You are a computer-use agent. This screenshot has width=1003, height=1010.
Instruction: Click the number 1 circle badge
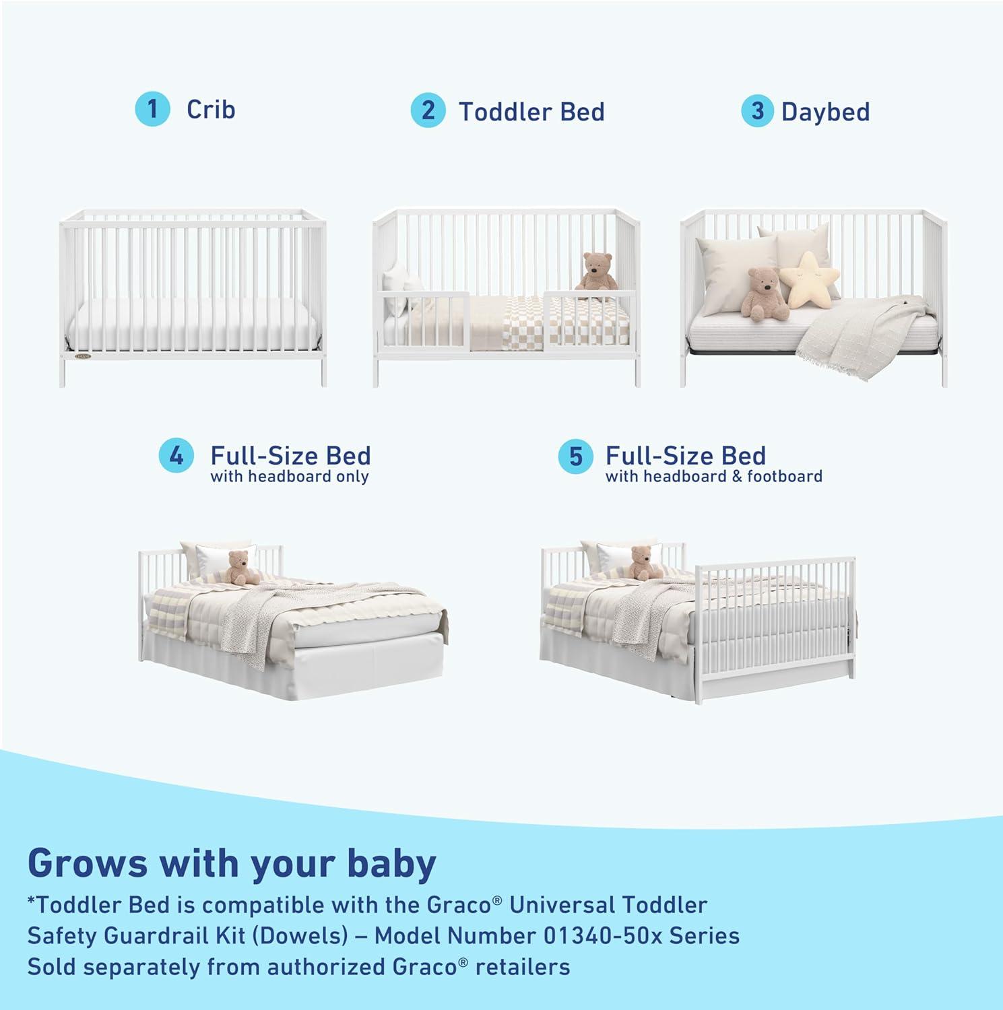[x=152, y=108]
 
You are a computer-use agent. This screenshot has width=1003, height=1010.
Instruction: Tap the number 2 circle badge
[x=428, y=110]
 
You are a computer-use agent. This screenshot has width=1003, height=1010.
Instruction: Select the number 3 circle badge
[x=758, y=110]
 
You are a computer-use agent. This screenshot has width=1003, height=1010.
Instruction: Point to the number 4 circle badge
[x=176, y=456]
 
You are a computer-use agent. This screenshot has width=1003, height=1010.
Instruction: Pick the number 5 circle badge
[x=575, y=457]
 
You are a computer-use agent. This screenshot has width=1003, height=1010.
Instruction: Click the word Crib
[x=211, y=109]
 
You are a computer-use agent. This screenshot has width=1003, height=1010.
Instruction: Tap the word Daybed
[x=825, y=112]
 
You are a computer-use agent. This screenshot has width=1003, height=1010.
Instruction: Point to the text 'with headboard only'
[x=290, y=477]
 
